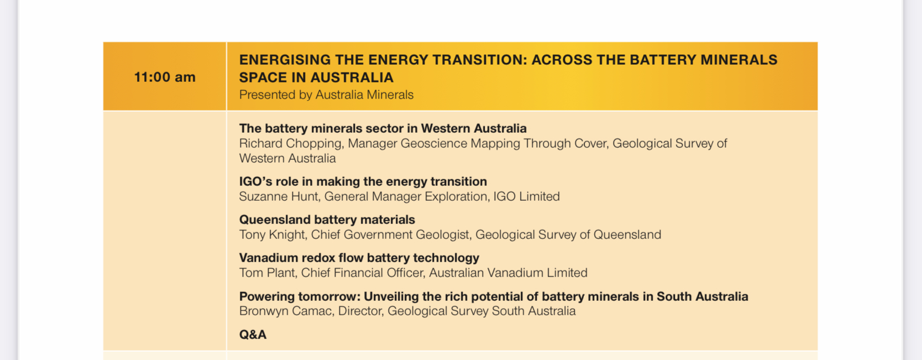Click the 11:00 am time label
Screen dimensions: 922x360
point(165,77)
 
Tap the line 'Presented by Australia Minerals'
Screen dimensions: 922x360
point(326,95)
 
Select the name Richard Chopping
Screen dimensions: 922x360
point(290,144)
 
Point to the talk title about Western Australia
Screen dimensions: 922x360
point(383,128)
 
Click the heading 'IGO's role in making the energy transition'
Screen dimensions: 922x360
point(363,181)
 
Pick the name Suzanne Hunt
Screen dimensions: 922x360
point(279,196)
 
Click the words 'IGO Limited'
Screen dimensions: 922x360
point(526,196)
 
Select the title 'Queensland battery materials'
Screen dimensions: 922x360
point(327,220)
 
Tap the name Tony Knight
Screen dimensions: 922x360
point(271,235)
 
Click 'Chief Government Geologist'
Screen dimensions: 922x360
point(390,235)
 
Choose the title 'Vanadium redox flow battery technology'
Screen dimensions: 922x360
point(359,258)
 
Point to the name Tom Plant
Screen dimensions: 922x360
point(267,273)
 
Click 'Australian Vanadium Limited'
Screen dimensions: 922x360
point(509,273)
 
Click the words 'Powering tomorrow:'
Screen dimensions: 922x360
point(298,296)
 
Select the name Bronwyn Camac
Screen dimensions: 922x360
point(285,311)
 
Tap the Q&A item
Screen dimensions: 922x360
point(253,335)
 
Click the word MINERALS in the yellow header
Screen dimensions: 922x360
point(739,60)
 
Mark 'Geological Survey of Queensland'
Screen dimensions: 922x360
point(568,235)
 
